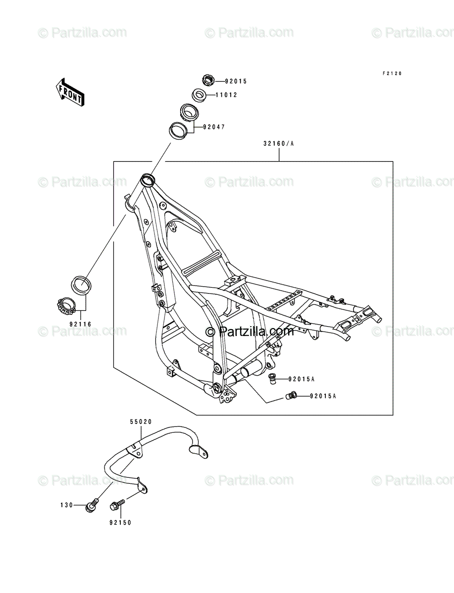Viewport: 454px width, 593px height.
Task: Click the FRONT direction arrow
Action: pos(70,92)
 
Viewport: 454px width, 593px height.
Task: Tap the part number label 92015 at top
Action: pos(236,82)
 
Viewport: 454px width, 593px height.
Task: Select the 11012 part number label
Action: pos(226,95)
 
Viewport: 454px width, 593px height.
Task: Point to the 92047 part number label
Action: pos(214,127)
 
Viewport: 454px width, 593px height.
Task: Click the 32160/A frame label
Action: pos(279,143)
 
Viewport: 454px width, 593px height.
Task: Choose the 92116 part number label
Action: pos(80,324)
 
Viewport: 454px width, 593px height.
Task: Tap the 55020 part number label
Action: pos(141,422)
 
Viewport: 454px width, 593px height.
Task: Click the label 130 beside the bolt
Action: pos(66,505)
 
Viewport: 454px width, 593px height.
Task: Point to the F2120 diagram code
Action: pos(392,74)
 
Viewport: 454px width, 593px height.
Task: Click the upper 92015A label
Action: pos(302,379)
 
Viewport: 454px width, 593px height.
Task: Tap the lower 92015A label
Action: pos(323,396)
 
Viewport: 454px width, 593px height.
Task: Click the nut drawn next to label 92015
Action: pos(208,80)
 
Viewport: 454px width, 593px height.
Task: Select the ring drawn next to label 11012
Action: pos(199,95)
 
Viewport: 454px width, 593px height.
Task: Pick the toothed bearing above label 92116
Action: pos(66,305)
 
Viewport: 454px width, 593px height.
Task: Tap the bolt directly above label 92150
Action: pos(117,505)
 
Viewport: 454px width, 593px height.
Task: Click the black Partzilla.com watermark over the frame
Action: pos(250,331)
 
